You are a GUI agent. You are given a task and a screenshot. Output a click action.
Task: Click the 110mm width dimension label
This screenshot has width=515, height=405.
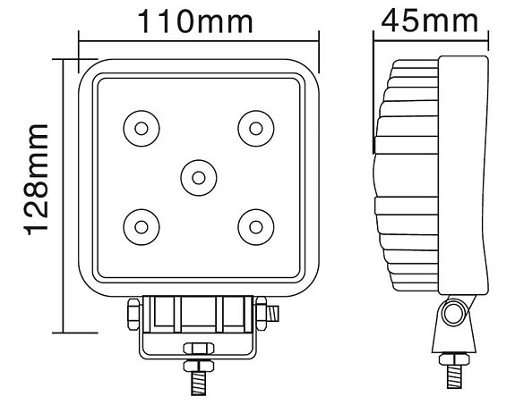point(198,21)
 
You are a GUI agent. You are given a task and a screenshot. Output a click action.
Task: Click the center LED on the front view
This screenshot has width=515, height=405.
point(198,175)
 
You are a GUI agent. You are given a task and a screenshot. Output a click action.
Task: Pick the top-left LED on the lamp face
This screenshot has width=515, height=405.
point(141,129)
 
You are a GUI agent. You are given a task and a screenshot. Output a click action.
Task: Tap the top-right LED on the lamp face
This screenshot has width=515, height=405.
point(254,128)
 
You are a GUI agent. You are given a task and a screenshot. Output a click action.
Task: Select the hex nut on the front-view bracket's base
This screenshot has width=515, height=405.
point(198,350)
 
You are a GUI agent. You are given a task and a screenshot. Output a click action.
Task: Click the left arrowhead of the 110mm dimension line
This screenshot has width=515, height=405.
point(83,38)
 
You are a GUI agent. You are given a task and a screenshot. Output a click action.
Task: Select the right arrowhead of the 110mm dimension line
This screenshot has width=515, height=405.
point(314,38)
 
